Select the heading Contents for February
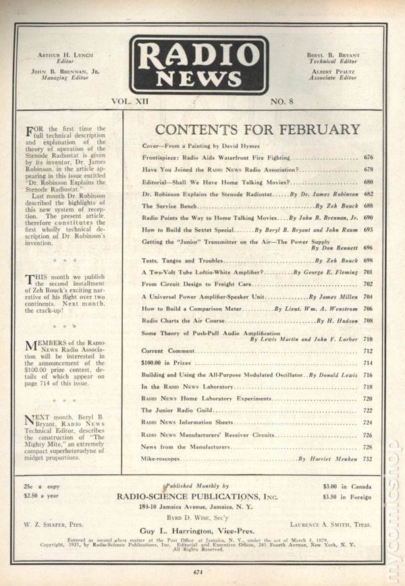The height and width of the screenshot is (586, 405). coord(258,129)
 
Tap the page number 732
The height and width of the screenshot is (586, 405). coord(368,459)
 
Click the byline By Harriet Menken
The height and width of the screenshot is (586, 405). coord(325,459)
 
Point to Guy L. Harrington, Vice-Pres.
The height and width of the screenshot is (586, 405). coord(202,531)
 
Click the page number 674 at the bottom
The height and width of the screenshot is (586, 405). coord(197,573)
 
